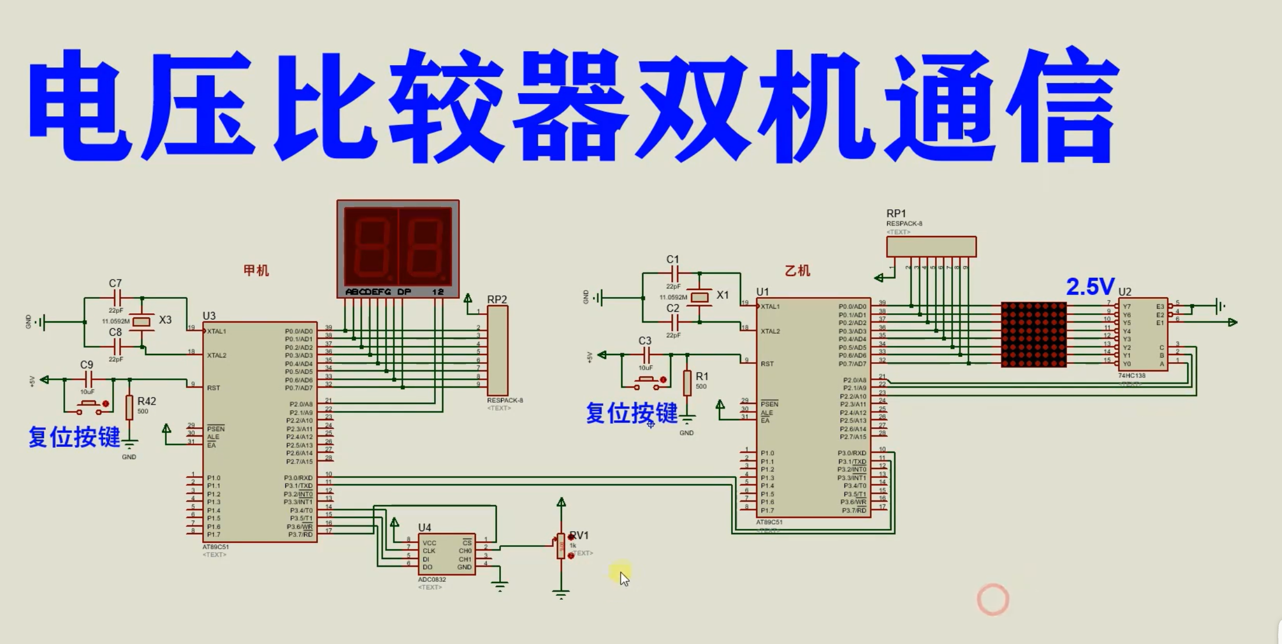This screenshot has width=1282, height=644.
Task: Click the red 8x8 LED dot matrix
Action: [1033, 334]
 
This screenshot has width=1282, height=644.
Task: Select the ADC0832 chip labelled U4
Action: [446, 554]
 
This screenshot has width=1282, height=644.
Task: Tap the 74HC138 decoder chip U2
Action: [1143, 334]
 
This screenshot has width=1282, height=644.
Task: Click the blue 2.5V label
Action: [1090, 287]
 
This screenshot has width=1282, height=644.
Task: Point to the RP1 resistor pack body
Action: [931, 246]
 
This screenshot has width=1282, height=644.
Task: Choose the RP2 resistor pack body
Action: [497, 350]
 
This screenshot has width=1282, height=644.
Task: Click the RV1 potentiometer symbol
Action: [561, 546]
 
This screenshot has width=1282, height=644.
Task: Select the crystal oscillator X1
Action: [700, 298]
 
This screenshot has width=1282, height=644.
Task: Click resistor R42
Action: [129, 407]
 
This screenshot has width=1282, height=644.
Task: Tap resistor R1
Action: [687, 383]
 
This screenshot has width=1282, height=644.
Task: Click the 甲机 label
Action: [256, 270]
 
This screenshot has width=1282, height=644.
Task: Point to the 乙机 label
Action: [797, 271]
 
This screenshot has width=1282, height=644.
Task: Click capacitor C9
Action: [88, 380]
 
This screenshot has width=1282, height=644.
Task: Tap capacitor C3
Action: [646, 355]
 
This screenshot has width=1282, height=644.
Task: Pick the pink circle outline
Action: [993, 599]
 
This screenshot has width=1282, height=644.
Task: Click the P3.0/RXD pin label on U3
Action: [298, 478]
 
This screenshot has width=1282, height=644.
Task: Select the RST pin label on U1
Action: [767, 364]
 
